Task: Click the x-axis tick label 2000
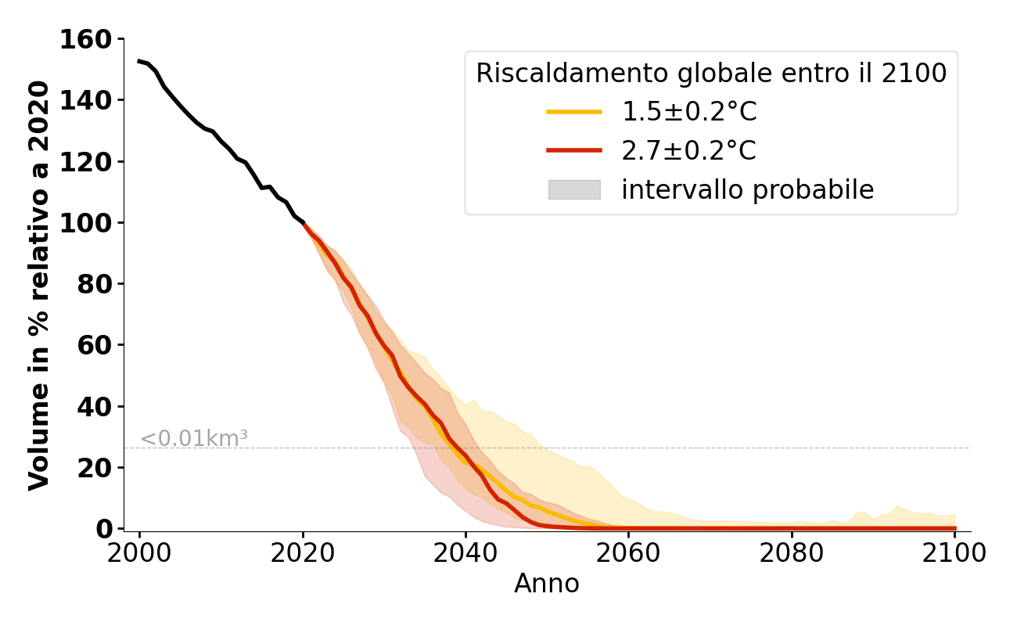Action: (140, 553)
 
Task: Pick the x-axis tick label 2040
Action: (465, 553)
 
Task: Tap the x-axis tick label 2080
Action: (792, 553)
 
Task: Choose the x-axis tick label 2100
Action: (954, 553)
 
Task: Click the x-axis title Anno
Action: (547, 585)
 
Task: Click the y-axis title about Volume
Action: (39, 286)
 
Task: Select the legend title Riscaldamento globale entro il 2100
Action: (711, 74)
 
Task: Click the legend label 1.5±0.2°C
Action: (689, 113)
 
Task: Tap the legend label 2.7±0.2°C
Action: (689, 151)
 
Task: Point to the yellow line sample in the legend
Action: (574, 113)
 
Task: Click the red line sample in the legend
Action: (574, 151)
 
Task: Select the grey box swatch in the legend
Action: (574, 189)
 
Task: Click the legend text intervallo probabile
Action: (747, 190)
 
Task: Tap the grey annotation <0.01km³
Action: (194, 439)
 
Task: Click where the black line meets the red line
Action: (303, 224)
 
